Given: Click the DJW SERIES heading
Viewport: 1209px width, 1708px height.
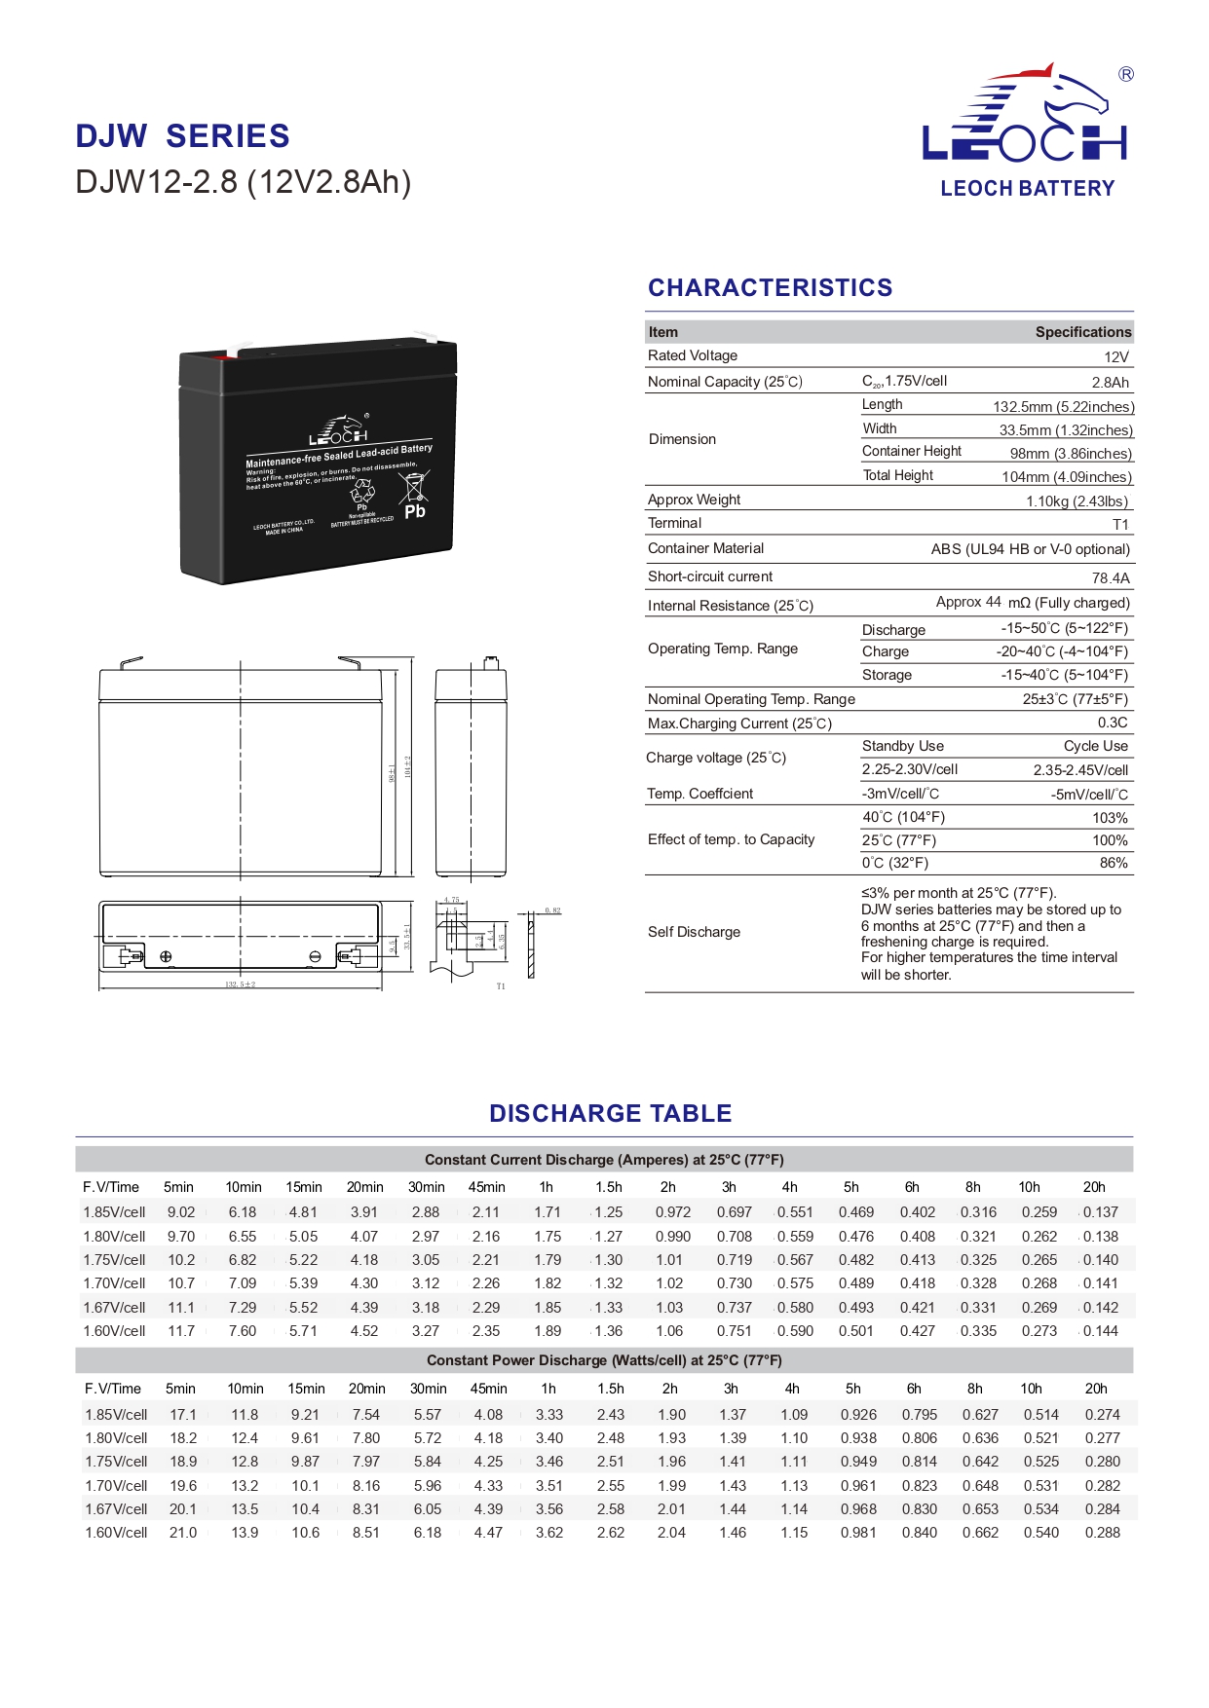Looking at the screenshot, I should (x=182, y=136).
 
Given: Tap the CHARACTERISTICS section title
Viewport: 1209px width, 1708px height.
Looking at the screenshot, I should (x=770, y=288).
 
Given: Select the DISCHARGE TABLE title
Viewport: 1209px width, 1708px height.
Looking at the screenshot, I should (x=610, y=1113).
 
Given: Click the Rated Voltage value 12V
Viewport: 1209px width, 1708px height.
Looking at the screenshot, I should (x=1116, y=357).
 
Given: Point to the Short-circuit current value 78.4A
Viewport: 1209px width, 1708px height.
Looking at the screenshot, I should (x=1111, y=578).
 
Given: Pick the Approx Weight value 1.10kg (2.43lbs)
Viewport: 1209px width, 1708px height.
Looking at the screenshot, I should (x=1077, y=501).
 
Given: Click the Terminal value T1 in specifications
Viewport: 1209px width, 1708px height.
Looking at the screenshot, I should (x=1120, y=525).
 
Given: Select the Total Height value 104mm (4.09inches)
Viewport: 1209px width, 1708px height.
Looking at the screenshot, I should (x=1067, y=477).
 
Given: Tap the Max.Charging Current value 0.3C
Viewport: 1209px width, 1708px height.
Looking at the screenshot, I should (x=1113, y=724).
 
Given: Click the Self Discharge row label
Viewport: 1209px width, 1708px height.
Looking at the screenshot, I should (x=694, y=932).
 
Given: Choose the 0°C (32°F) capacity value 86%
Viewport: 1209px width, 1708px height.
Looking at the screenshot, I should (x=1114, y=864).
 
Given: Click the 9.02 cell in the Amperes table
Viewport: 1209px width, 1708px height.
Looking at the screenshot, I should (x=181, y=1212).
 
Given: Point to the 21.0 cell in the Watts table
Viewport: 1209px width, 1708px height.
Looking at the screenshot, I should (x=183, y=1533).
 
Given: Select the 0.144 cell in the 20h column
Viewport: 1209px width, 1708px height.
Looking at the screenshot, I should (x=1101, y=1331).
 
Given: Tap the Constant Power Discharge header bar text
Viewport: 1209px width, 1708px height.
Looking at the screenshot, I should (x=604, y=1360).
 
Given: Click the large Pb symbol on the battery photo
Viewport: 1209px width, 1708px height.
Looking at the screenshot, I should (x=415, y=511).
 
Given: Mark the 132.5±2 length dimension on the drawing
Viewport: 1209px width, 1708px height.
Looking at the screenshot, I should (x=240, y=984).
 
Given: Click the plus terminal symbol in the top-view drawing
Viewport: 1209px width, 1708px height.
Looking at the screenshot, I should (x=166, y=957).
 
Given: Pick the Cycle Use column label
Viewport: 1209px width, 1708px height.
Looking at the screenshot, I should (x=1095, y=747).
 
